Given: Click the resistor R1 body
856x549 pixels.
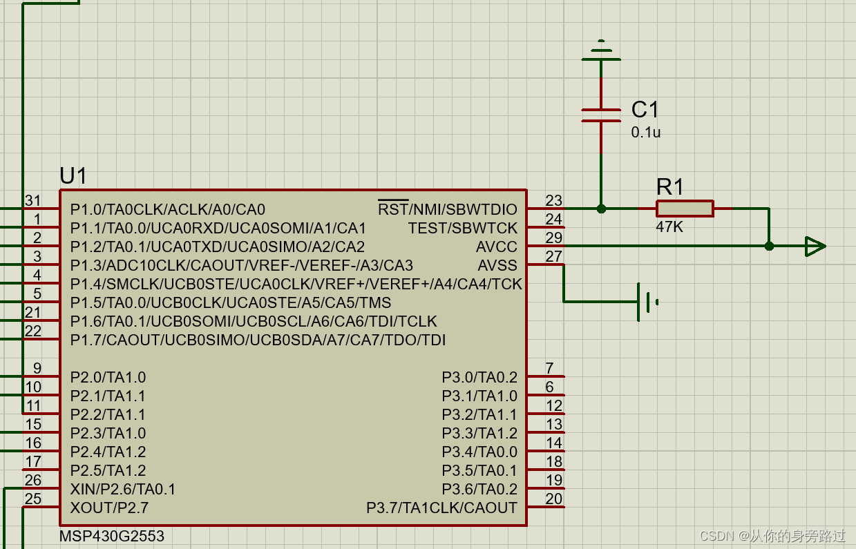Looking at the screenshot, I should click(684, 208).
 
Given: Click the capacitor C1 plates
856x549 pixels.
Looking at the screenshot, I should click(601, 115).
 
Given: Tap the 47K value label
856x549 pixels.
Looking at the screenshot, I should click(669, 227).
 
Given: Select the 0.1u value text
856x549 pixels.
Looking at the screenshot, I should click(645, 132).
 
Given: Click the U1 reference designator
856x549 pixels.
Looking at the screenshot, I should click(73, 176).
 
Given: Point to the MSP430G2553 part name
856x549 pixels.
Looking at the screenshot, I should click(112, 536).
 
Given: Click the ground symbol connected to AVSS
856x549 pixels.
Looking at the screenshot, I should click(647, 302).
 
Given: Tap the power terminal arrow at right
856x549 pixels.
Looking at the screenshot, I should click(815, 246).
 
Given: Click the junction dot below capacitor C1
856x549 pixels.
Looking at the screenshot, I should click(601, 208).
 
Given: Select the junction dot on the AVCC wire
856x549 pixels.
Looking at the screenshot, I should click(769, 246).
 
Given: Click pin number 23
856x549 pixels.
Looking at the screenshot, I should click(553, 200).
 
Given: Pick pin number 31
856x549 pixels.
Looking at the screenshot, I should click(33, 200).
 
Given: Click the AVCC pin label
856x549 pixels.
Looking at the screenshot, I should click(496, 247).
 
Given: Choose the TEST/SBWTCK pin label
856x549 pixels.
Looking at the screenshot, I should click(462, 228).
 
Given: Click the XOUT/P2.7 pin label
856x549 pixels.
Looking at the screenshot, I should click(109, 508).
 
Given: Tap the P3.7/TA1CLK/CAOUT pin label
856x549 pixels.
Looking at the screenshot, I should click(441, 508).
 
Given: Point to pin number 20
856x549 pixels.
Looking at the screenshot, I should click(553, 499).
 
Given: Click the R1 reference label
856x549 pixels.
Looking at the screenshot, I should click(669, 186).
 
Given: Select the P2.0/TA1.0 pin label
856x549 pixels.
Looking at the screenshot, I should click(108, 378).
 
